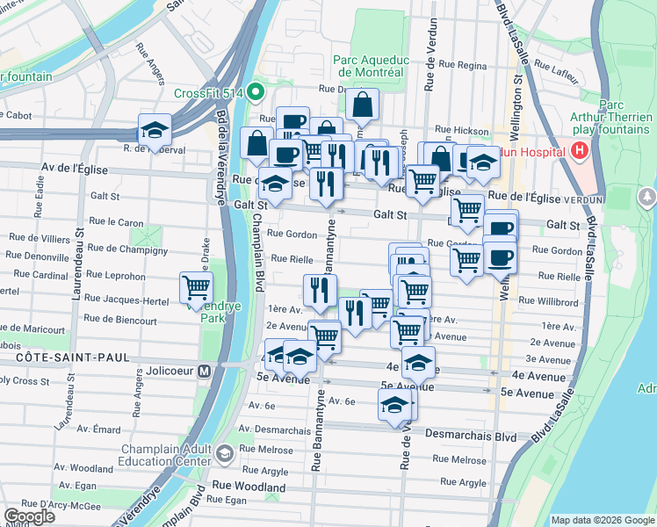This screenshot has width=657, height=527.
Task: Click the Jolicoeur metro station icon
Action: (x=204, y=371)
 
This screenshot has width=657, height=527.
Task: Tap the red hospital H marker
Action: (x=578, y=151)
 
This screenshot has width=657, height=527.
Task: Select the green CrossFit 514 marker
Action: (x=256, y=90)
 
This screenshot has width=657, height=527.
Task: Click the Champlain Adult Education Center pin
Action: (x=226, y=453)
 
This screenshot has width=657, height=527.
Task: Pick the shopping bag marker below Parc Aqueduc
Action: (x=362, y=105)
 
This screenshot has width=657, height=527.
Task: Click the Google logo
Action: (x=29, y=516)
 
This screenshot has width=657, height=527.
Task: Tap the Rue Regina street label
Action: (x=462, y=65)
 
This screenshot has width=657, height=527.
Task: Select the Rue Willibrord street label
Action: (x=548, y=301)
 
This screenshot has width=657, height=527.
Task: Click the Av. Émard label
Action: (x=98, y=430)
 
